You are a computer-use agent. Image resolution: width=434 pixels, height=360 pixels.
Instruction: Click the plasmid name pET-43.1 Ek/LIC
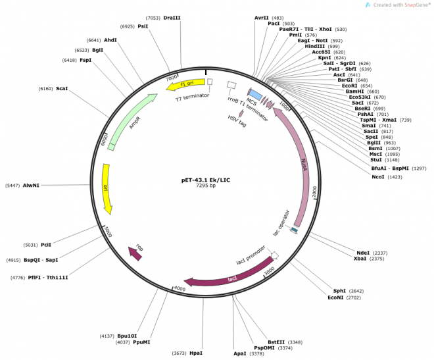[x=206, y=180]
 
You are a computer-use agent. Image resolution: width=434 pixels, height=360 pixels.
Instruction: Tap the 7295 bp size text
[x=206, y=186]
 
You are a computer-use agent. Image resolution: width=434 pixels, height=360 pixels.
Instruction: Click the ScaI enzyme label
[x=62, y=88]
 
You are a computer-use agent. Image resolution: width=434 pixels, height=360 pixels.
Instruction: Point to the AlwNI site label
[x=31, y=186]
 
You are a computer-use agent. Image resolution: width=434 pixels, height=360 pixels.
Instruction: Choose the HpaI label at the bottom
[x=196, y=353]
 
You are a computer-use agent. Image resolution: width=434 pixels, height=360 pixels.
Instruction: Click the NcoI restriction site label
[x=377, y=177]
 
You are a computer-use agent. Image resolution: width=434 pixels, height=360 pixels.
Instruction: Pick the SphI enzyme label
[x=339, y=290]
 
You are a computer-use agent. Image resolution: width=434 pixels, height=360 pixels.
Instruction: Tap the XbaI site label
[x=360, y=259]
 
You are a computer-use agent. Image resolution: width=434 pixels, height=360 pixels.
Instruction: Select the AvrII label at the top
[x=262, y=18]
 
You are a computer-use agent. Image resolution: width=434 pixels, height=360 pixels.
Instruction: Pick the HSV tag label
[x=237, y=123]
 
